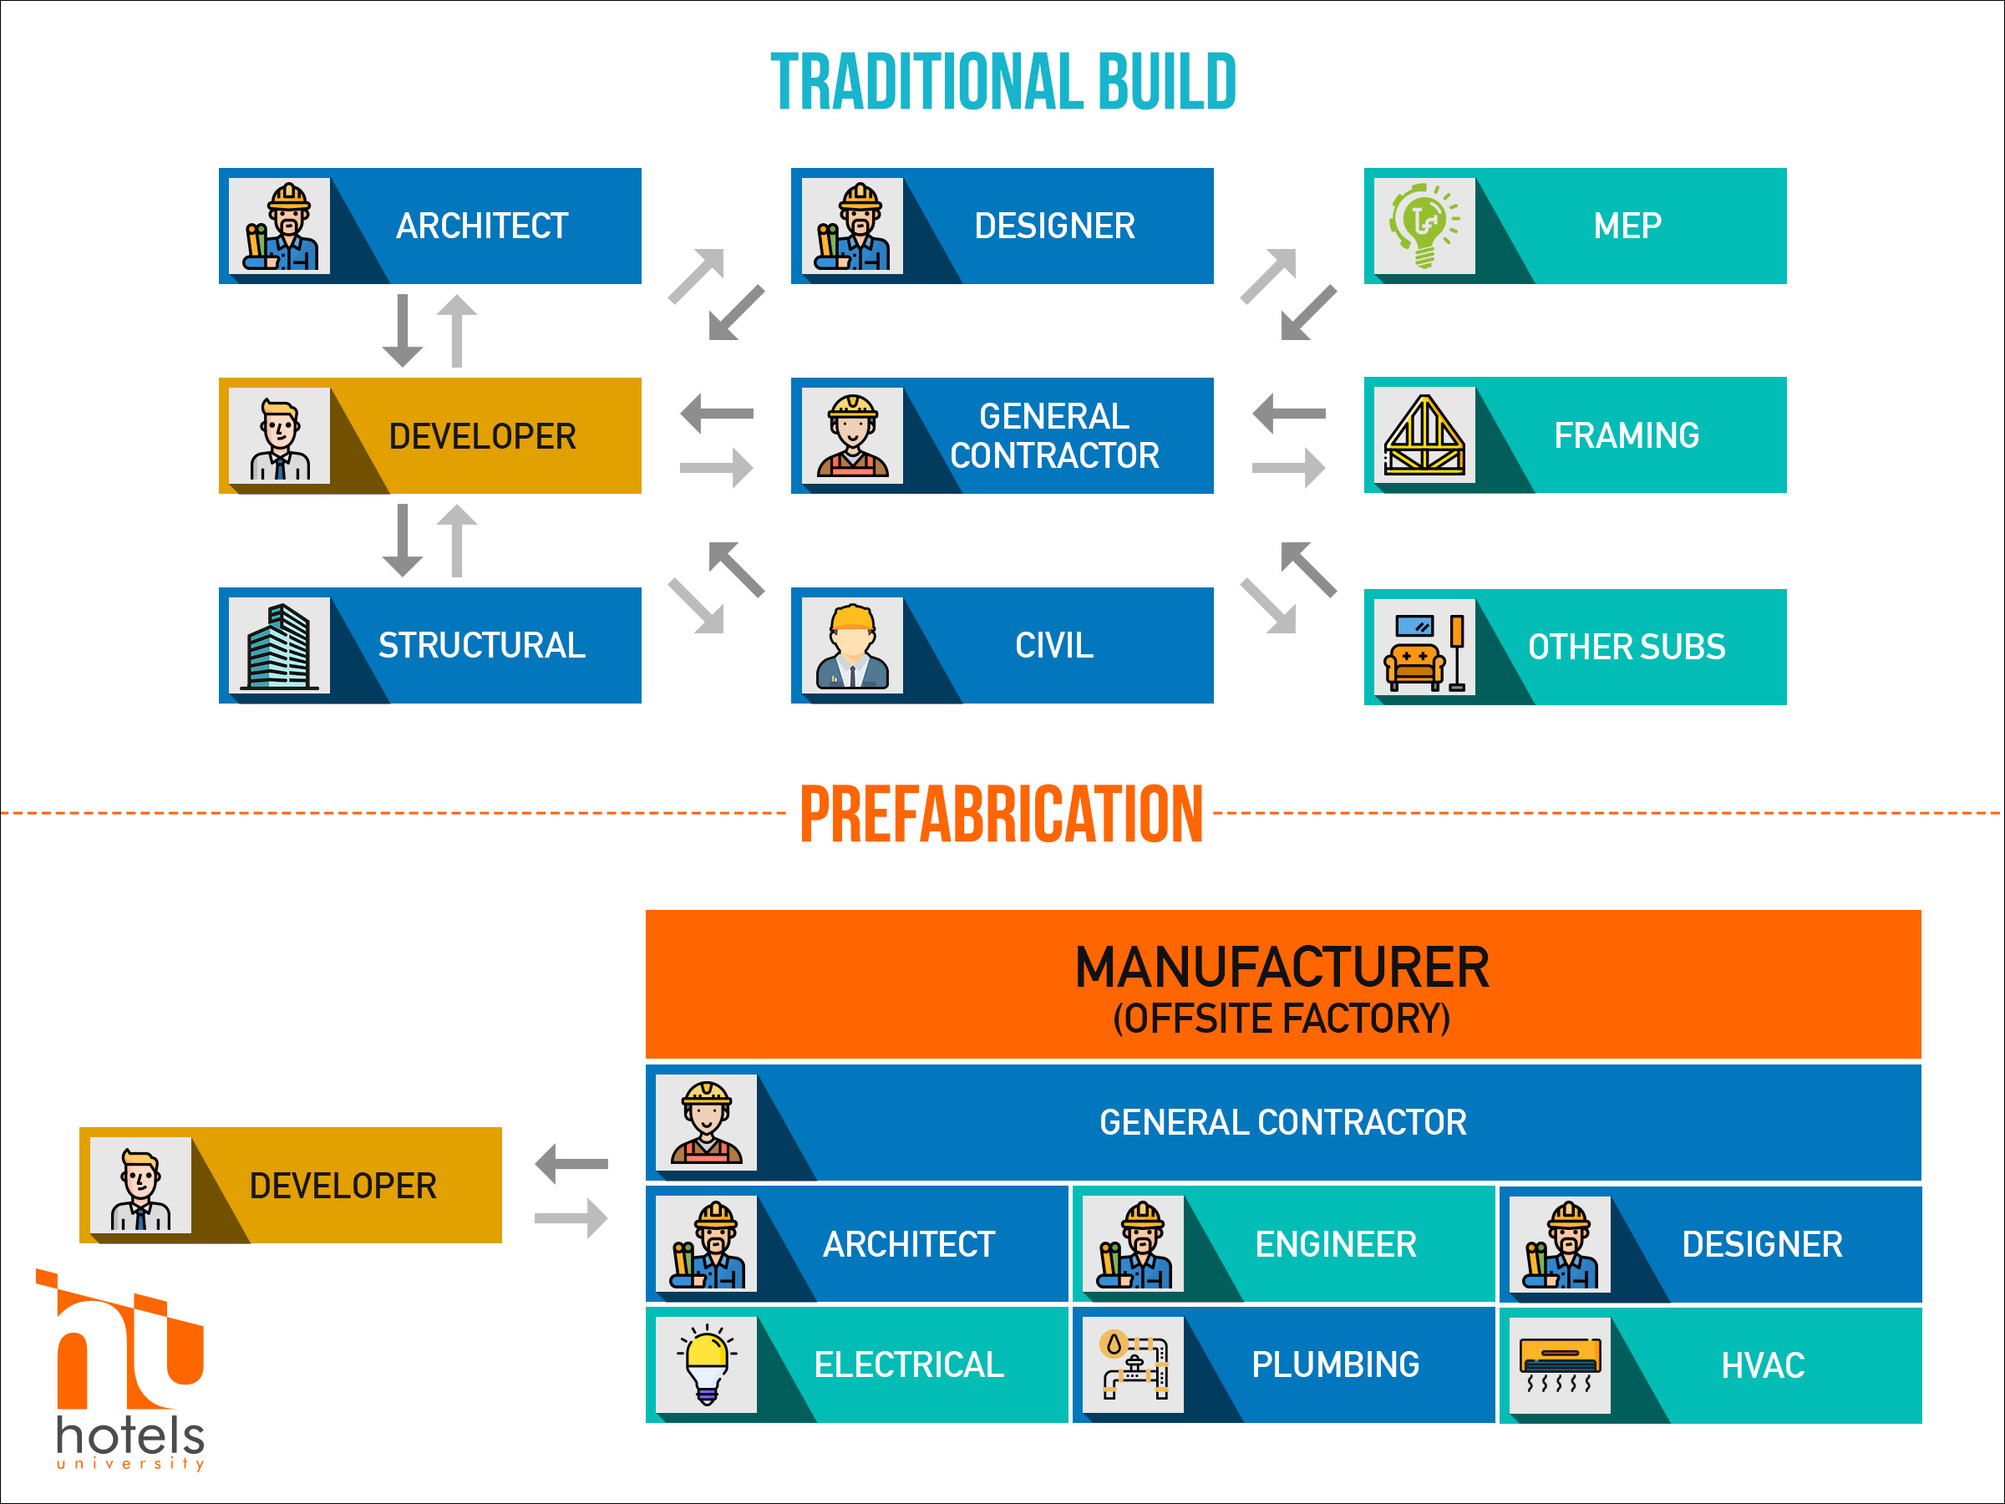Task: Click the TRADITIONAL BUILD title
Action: coord(1003,82)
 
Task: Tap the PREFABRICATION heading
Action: coord(1002,814)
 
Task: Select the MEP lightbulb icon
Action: coord(1424,226)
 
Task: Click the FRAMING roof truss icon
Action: coord(1424,435)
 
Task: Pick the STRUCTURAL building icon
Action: coord(279,646)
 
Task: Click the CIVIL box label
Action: coord(1054,646)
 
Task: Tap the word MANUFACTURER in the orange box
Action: coord(1282,968)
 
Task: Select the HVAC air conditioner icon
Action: coord(1560,1364)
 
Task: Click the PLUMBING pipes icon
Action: coord(1133,1364)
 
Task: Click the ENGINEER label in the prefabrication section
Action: coord(1336,1244)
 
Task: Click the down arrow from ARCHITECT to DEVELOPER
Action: coord(403,330)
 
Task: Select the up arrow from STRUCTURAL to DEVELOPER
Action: coord(457,541)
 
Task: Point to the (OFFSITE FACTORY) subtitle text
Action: coord(1282,1018)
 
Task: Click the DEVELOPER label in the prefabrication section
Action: coord(343,1186)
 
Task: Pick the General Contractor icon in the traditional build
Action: coord(852,435)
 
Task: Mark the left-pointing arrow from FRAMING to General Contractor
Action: coord(1289,414)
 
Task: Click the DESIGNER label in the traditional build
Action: coord(1054,226)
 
